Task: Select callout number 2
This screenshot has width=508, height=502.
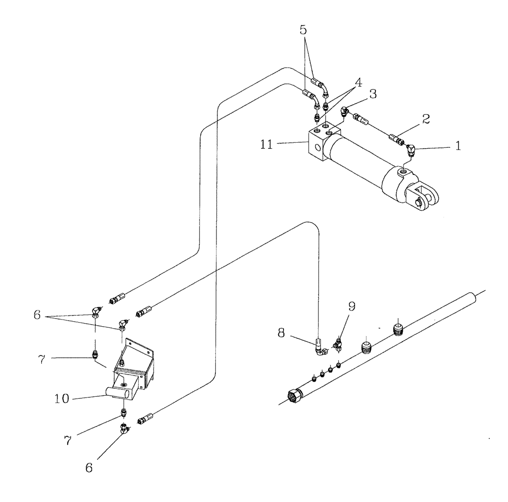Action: click(x=426, y=119)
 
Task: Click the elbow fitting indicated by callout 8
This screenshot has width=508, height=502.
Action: click(x=319, y=350)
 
